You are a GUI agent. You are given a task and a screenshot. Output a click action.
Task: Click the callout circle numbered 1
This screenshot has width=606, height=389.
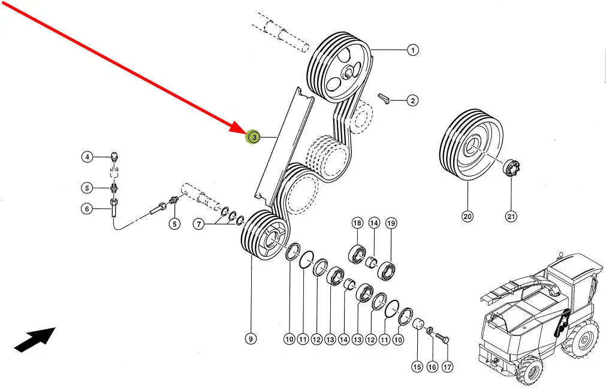pyautogui.click(x=412, y=50)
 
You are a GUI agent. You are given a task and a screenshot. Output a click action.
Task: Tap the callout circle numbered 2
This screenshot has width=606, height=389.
pyautogui.click(x=412, y=101)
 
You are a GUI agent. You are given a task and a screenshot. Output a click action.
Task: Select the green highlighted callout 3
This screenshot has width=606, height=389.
pyautogui.click(x=254, y=138)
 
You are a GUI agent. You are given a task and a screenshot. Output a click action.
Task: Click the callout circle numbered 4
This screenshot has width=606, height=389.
pyautogui.click(x=88, y=157)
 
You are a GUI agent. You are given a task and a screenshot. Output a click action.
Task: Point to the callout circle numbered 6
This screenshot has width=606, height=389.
pyautogui.click(x=88, y=209)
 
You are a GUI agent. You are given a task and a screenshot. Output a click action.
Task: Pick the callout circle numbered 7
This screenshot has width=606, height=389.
pyautogui.click(x=199, y=224)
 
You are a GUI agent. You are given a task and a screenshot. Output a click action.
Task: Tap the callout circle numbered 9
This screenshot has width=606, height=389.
pyautogui.click(x=251, y=339)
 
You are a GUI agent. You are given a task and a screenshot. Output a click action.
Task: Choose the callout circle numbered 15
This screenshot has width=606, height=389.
pyautogui.click(x=417, y=367)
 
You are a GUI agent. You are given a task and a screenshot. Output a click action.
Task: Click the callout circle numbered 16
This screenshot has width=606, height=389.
pyautogui.click(x=432, y=367)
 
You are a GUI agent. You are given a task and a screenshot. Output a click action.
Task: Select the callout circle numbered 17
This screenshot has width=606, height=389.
pyautogui.click(x=447, y=367)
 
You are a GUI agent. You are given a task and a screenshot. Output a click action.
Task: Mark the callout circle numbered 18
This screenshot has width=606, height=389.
pyautogui.click(x=357, y=223)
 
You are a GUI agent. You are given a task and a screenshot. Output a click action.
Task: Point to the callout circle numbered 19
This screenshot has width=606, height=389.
pyautogui.click(x=391, y=223)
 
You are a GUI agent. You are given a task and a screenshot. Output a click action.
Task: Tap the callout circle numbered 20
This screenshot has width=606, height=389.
pyautogui.click(x=468, y=216)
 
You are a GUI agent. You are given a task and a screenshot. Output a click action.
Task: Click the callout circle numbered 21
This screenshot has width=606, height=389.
pyautogui.click(x=511, y=216)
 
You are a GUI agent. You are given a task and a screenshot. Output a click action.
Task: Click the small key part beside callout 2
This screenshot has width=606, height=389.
pyautogui.click(x=384, y=98)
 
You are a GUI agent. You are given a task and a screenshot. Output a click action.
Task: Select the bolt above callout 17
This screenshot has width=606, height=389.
pyautogui.click(x=442, y=339)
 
